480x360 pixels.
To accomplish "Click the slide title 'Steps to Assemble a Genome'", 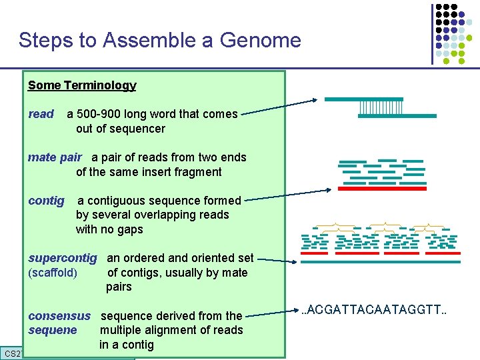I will click(x=159, y=40).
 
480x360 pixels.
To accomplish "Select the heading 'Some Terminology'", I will click(x=82, y=85).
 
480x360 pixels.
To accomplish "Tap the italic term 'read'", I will click(x=41, y=114).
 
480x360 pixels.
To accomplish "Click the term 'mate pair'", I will click(x=55, y=157).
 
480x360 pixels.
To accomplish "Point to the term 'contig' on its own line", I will click(x=46, y=201).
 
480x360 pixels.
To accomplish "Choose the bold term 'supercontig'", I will click(x=63, y=258).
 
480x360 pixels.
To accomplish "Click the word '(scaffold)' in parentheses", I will click(x=53, y=273).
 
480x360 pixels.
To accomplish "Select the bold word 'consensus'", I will click(x=59, y=316).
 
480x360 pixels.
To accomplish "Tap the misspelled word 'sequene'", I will click(x=53, y=331).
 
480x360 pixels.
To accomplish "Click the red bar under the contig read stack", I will click(x=379, y=189).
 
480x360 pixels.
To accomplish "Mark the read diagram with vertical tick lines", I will click(x=380, y=107).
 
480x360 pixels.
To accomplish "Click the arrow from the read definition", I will click(x=279, y=108).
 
